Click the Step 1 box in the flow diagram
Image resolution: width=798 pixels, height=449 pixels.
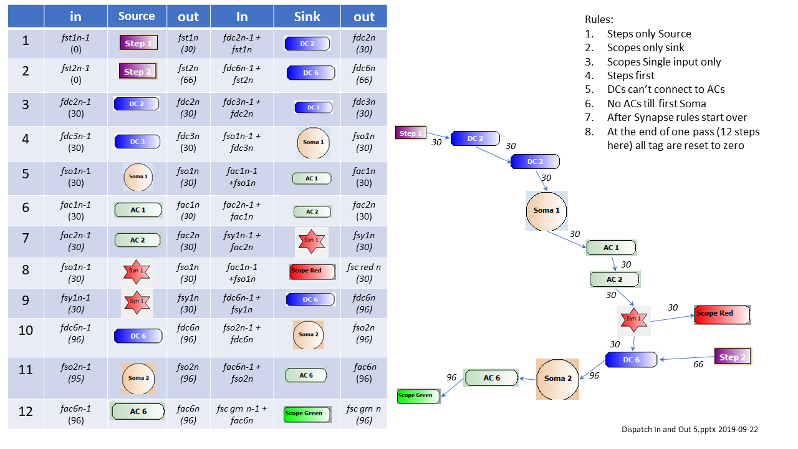point(410,133)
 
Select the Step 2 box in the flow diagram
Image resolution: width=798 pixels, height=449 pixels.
point(733,357)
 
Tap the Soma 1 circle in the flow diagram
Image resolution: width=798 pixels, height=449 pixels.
point(546,210)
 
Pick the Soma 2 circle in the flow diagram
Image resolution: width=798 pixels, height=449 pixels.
point(557,379)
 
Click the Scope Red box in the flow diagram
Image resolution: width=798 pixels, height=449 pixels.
point(722,314)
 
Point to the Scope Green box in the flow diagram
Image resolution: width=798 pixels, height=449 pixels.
point(418,395)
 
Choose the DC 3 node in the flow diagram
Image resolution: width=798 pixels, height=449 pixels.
point(535,162)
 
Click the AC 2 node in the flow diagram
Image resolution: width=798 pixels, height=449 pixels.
point(615,279)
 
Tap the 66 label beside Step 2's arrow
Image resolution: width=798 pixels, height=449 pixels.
point(698,365)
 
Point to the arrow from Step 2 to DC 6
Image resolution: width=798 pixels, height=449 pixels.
point(686,358)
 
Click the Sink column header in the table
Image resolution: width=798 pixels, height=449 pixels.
point(307,17)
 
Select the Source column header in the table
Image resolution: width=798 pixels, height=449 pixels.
point(137,16)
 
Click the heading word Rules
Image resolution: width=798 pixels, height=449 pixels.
point(598,20)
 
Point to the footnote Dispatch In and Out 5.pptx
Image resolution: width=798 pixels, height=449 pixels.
point(690,430)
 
